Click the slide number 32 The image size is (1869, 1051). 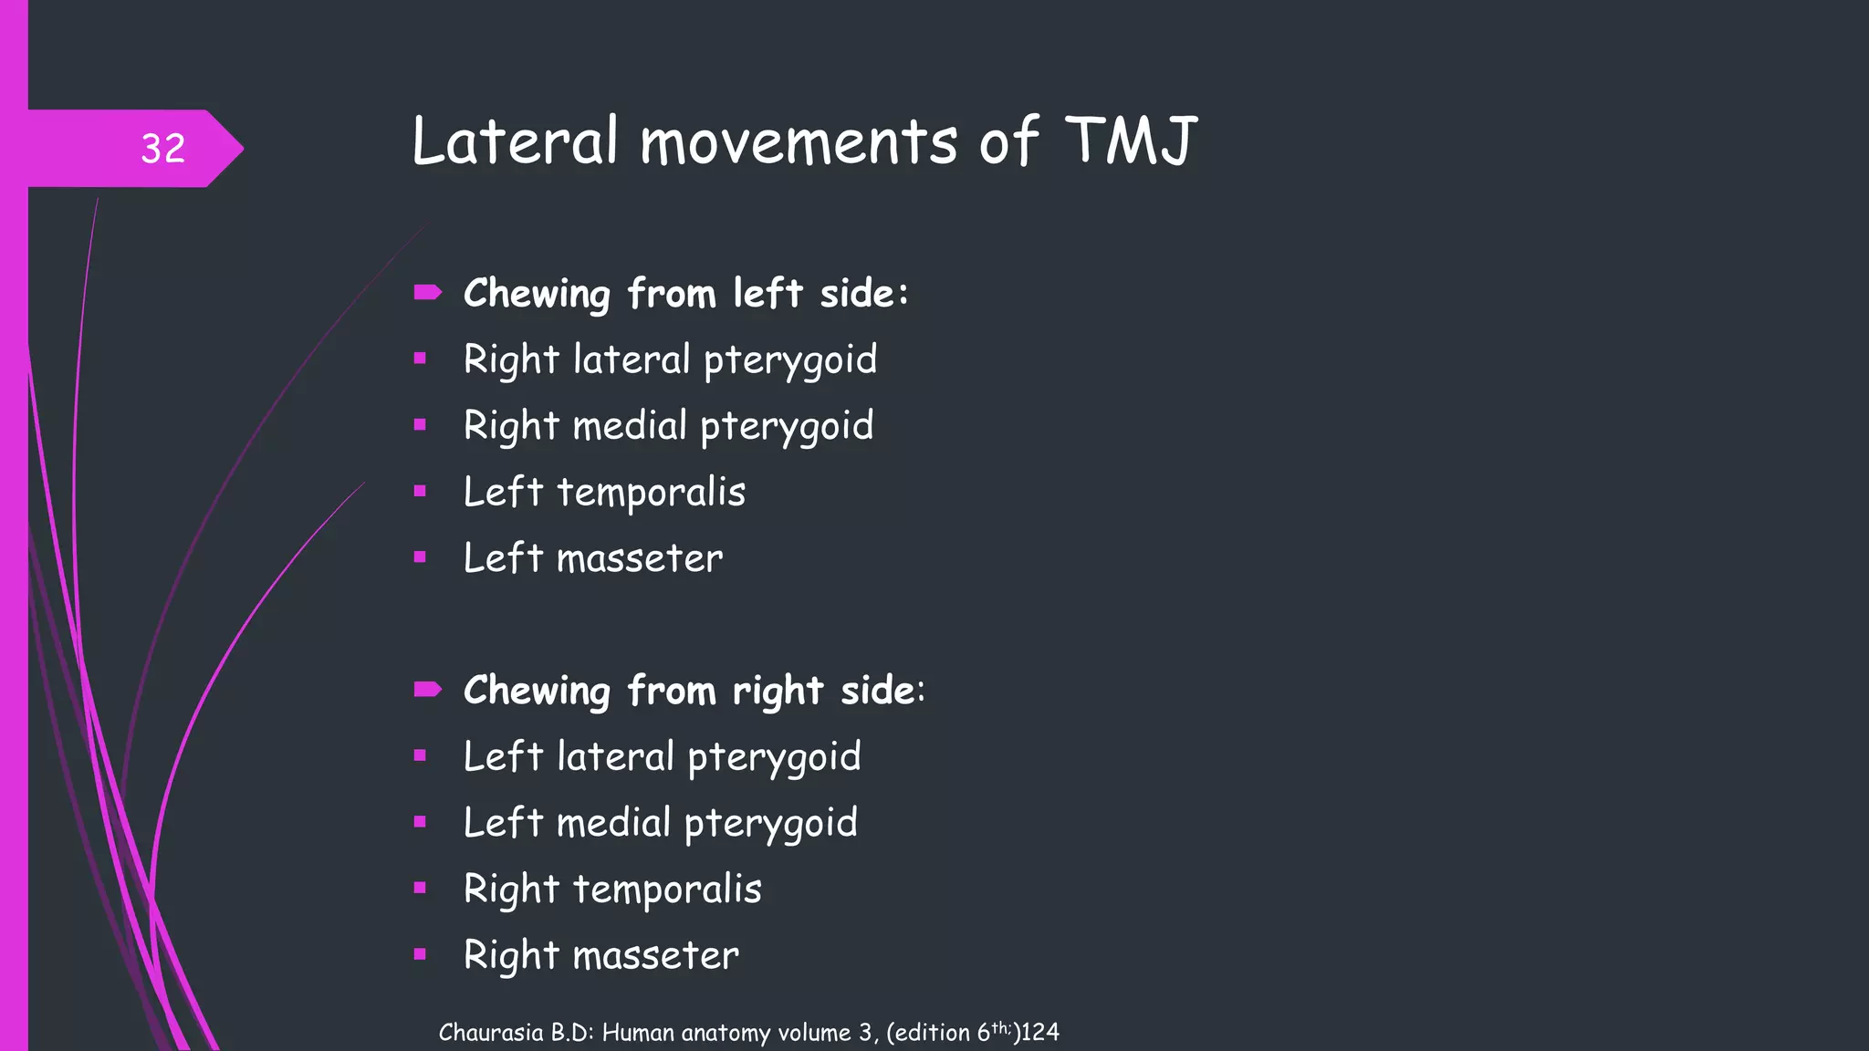tap(163, 149)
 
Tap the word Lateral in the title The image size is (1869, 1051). tap(515, 141)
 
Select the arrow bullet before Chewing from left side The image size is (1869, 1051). tap(427, 293)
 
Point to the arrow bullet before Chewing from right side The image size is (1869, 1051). tap(427, 689)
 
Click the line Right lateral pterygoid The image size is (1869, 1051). tap(670, 359)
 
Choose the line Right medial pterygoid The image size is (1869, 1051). tap(668, 426)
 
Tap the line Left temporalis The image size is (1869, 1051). tap(604, 493)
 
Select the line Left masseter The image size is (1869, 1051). tap(593, 558)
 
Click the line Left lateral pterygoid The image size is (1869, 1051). tap(662, 757)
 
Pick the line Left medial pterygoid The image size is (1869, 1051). tap(660, 823)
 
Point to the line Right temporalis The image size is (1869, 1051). tap(612, 890)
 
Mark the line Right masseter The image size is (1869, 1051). tap(601, 955)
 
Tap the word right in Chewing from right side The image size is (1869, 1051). tap(778, 692)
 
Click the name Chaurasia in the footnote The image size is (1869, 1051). tap(491, 1033)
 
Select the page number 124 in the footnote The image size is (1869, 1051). tap(1040, 1033)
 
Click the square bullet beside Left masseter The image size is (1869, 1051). tap(420, 557)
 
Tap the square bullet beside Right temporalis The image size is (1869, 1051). tap(420, 888)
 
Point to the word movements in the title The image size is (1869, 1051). tap(799, 143)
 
